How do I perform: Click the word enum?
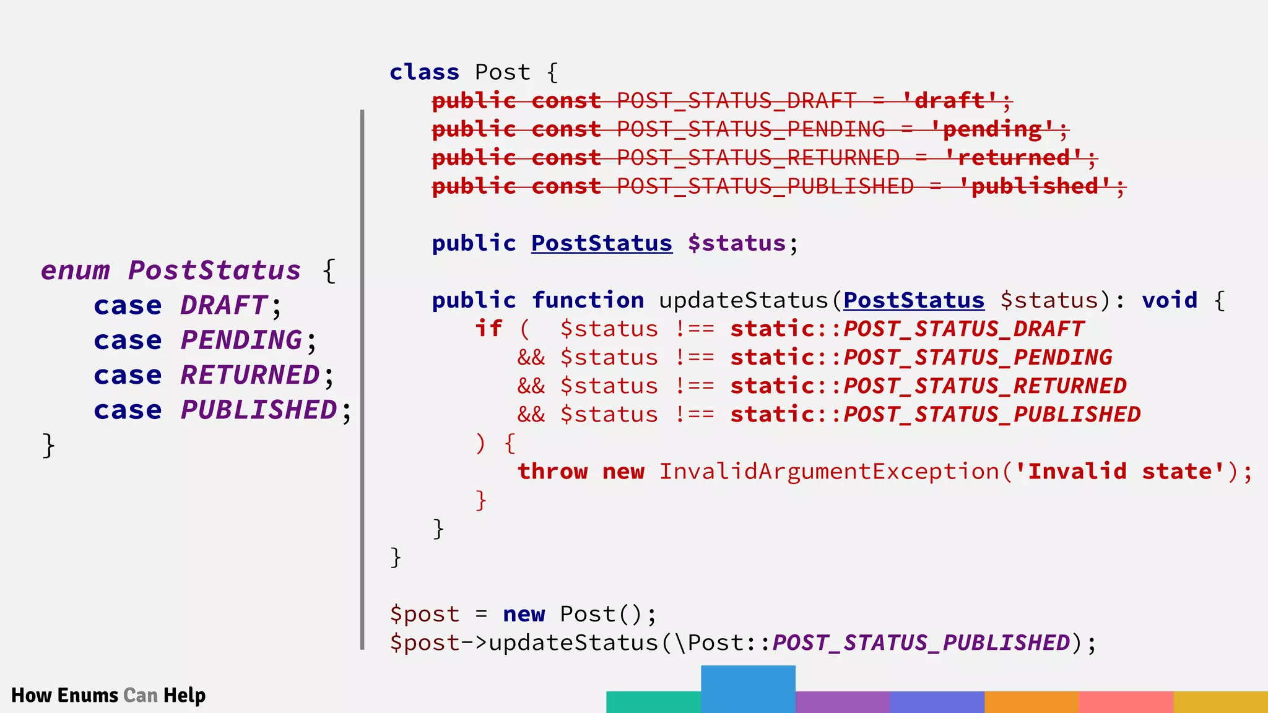[x=76, y=271]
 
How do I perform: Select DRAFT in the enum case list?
[x=224, y=306]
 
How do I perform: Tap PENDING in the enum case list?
[x=241, y=340]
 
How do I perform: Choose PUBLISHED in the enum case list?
[x=259, y=410]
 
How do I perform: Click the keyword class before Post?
[x=424, y=72]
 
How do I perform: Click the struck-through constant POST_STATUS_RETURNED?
[x=758, y=158]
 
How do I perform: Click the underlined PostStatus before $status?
[x=601, y=243]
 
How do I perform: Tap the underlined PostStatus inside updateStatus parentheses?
[x=913, y=300]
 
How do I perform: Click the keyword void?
[x=1170, y=300]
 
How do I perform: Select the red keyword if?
[x=489, y=329]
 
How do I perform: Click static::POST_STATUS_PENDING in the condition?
[x=921, y=357]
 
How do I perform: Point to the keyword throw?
[x=552, y=472]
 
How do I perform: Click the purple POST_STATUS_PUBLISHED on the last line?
[x=921, y=642]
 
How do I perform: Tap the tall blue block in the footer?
[x=748, y=689]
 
